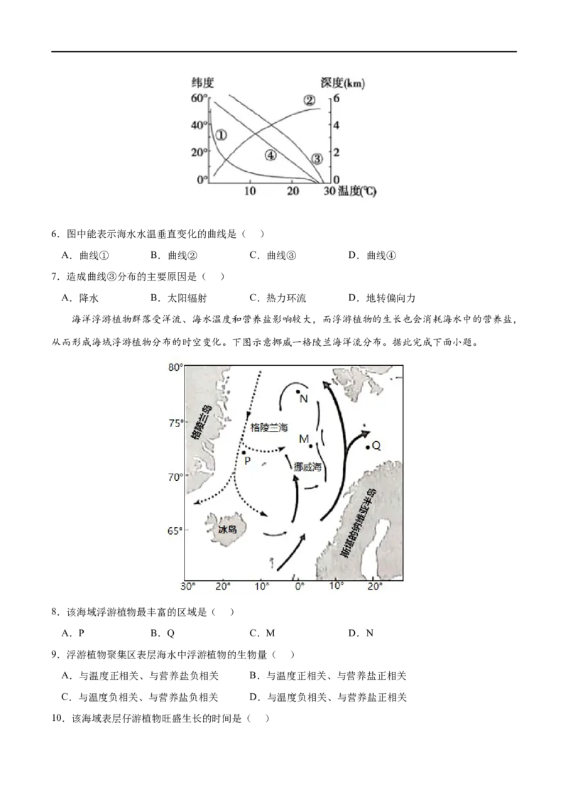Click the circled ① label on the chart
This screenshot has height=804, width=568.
pos(221,135)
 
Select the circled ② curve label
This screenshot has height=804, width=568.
pos(309,101)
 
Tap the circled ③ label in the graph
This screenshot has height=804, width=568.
pos(317,159)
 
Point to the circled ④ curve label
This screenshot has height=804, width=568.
pos(271,155)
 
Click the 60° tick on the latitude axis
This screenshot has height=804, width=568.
pos(200,98)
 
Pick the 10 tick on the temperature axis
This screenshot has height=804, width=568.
pos(250,191)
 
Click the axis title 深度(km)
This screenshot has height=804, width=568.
pos(342,82)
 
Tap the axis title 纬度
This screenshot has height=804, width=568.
pos(202,82)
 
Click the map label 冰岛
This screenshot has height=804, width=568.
pos(227,528)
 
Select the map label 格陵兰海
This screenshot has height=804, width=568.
pos(269,427)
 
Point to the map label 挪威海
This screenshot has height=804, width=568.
pos(307,467)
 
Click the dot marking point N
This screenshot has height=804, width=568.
pos(297,392)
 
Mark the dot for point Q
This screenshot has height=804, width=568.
pos(368,447)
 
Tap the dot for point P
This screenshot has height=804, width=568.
pos(244,452)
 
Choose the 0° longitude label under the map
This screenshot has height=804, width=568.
pos(299,586)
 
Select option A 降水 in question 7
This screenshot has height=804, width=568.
pos(80,298)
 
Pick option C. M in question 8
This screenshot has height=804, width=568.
pos(262,634)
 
